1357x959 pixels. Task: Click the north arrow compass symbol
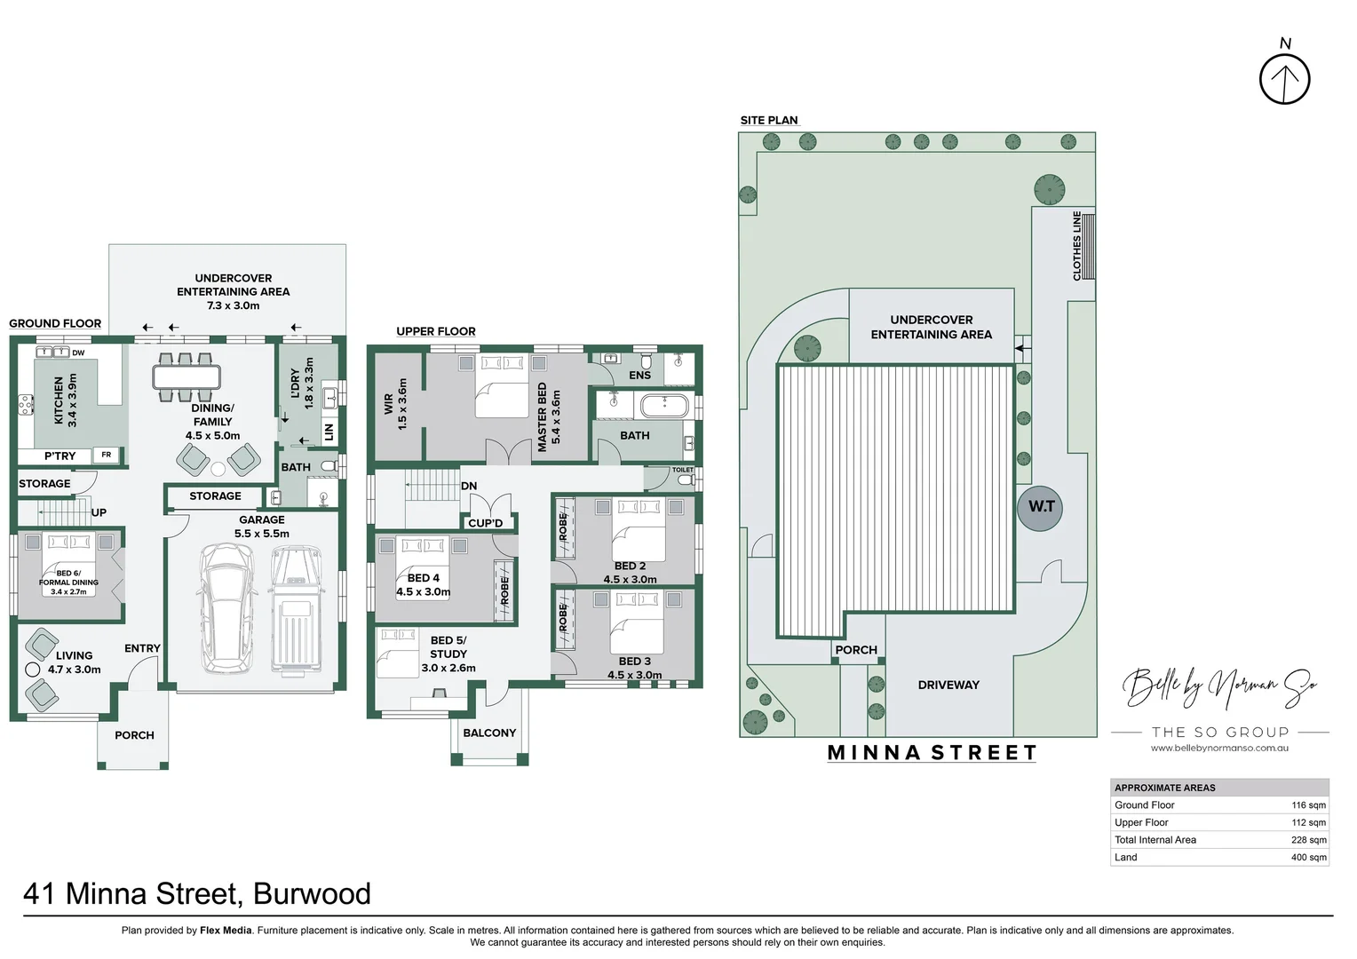1284,78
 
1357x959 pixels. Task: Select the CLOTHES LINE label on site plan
1076,246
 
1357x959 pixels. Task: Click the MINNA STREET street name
932,753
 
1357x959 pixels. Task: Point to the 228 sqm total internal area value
1308,840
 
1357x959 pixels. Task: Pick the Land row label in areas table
1125,858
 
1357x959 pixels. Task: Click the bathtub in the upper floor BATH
663,407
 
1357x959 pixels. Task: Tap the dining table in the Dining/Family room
186,377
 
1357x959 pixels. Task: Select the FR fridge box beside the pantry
107,456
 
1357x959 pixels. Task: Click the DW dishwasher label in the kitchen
78,353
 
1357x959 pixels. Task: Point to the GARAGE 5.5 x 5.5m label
262,527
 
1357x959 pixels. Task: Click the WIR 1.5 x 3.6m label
395,405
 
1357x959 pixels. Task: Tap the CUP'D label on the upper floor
485,523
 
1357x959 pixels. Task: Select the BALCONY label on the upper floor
489,733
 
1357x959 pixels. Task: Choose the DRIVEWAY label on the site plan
948,686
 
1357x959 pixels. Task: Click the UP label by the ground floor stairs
99,513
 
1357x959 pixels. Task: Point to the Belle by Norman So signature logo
1219,686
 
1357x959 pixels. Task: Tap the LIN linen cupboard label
329,432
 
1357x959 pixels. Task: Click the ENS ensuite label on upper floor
639,376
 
